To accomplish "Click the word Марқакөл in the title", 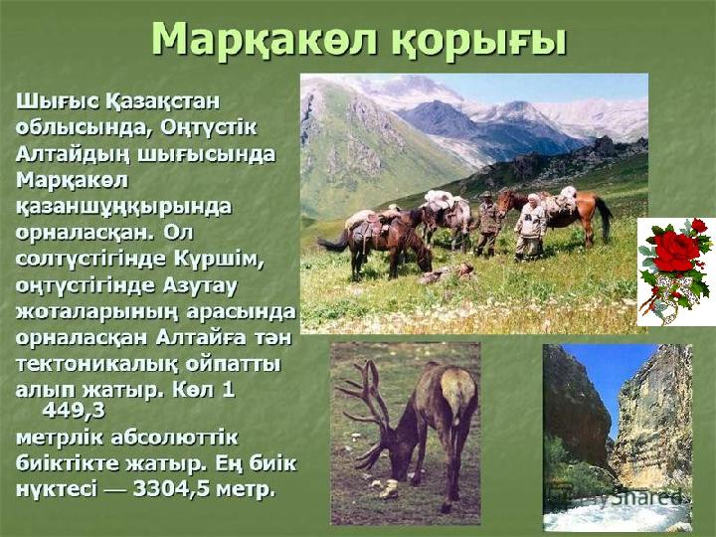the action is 265,40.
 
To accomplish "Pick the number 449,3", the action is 74,411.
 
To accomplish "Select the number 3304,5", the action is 172,490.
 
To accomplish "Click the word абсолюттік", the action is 174,438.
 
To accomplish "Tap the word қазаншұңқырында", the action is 123,208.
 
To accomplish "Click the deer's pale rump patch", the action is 457,388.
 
